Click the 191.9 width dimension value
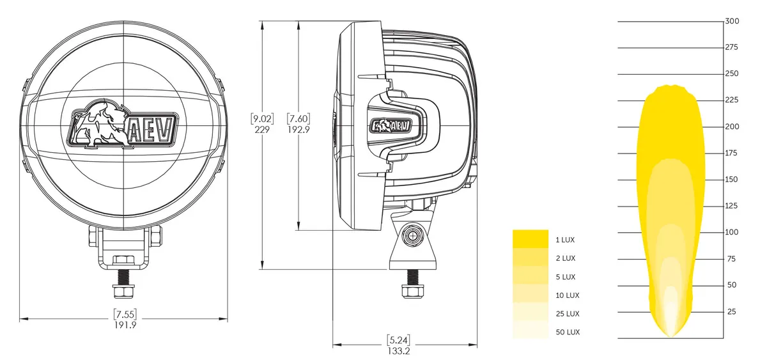click(125, 325)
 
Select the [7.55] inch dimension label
click(125, 315)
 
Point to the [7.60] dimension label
click(298, 118)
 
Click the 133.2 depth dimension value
click(398, 350)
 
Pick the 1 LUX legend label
click(565, 240)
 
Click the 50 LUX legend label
click(567, 333)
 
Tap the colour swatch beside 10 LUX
click(531, 295)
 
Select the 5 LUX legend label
click(565, 277)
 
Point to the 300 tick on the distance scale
click(731, 21)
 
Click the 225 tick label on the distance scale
click(731, 100)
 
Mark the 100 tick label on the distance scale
click(731, 232)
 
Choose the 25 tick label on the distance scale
click(731, 312)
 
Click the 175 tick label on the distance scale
click(731, 153)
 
